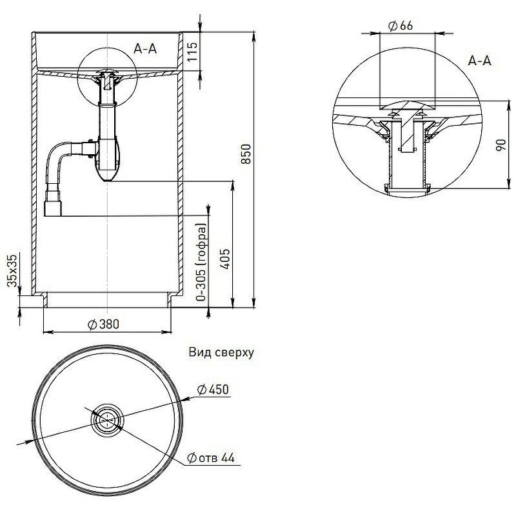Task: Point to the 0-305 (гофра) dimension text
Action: click(201, 261)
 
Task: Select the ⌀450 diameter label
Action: click(213, 389)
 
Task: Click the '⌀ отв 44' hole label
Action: click(210, 458)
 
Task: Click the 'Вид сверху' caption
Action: click(222, 352)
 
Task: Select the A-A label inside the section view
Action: click(145, 47)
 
